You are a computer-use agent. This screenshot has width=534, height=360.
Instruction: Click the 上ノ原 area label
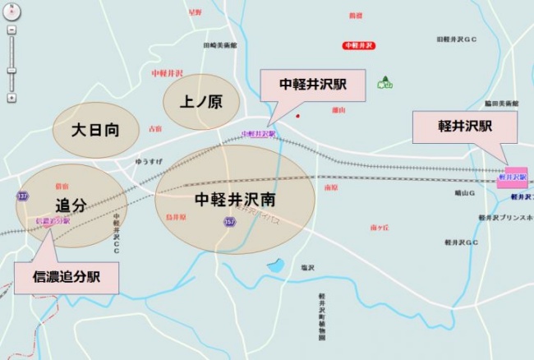201,103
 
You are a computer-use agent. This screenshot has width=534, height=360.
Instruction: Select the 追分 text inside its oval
71,206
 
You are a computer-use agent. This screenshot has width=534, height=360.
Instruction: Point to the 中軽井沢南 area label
235,200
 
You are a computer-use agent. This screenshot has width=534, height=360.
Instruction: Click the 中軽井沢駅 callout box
312,85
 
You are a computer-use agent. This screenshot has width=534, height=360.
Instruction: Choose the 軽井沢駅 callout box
464,127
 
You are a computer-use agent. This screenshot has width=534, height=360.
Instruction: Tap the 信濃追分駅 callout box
66,278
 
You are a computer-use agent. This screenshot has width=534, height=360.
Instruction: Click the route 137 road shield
22,196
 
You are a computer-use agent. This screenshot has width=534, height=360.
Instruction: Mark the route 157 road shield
228,222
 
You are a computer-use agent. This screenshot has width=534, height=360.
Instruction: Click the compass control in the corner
12,12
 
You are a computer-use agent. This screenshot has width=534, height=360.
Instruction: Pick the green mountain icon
384,82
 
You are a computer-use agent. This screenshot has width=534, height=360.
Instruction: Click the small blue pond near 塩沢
275,265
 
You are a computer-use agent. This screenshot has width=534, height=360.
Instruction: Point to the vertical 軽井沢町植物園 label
323,317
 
